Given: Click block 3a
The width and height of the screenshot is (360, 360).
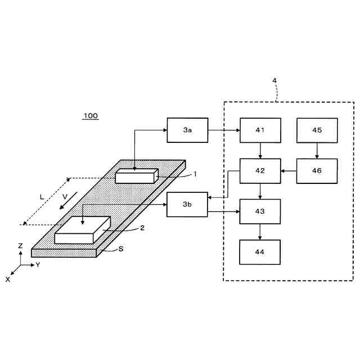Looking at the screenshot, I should [x=187, y=130].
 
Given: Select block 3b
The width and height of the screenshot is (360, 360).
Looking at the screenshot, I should [x=187, y=205].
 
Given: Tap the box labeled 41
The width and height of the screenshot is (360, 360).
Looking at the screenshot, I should [x=260, y=130].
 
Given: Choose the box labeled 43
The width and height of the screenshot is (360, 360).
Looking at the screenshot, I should [x=260, y=211].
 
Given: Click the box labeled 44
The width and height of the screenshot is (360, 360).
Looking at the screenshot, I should [x=260, y=252].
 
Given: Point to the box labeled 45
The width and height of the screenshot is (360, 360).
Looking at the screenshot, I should [x=317, y=130].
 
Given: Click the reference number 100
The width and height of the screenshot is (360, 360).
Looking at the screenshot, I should [x=91, y=116].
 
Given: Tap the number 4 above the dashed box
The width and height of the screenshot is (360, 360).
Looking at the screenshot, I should [x=274, y=80].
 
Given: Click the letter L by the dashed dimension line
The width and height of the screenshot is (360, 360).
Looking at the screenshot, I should [x=41, y=197].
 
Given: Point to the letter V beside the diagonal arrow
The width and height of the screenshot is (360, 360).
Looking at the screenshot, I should [x=65, y=196].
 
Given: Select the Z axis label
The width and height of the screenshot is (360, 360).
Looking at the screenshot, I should [x=20, y=246].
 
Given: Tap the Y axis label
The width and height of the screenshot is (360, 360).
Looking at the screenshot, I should [x=38, y=264].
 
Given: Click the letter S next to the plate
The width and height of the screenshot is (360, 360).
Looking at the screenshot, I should [x=121, y=248].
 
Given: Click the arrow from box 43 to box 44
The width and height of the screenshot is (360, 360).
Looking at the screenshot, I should [x=260, y=232].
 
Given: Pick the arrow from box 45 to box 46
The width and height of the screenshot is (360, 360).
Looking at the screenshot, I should [x=317, y=150].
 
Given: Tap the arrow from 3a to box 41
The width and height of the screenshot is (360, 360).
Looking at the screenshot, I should [x=224, y=130].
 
